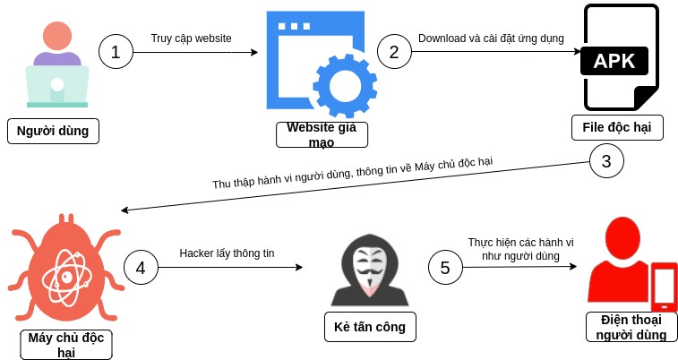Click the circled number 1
point(116,52)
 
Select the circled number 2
point(394,52)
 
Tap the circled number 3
point(606,162)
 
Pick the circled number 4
point(140,268)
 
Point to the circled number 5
point(445,267)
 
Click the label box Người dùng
point(53,131)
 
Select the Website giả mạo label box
point(322,134)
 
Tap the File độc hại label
point(617,127)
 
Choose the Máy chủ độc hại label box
point(66,344)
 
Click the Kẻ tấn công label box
point(370,327)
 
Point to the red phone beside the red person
point(664,287)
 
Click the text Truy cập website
point(191,39)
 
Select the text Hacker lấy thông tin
point(227,253)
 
